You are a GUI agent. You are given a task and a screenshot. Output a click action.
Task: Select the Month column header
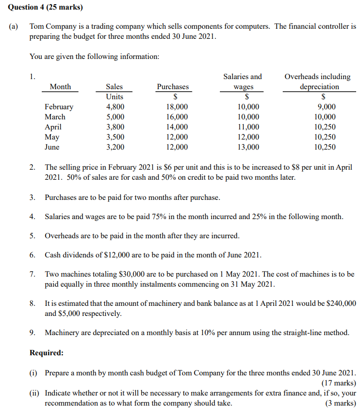tap(60, 87)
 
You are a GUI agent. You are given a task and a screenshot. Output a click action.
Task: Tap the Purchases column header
tap(172, 87)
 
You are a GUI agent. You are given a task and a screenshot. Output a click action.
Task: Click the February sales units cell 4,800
tap(115, 107)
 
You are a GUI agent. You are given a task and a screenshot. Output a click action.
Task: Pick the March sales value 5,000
tap(115, 117)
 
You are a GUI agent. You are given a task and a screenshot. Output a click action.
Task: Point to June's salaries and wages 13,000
tap(248, 147)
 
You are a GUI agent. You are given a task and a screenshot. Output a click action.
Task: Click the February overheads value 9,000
tap(326, 107)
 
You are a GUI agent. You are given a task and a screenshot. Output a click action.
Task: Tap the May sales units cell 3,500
tap(115, 137)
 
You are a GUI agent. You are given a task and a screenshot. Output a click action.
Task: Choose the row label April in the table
tap(53, 127)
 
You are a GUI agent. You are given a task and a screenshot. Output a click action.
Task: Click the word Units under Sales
tap(114, 97)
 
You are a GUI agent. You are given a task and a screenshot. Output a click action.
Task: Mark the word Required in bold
tap(47, 353)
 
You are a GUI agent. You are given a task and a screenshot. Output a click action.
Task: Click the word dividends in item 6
tap(78, 255)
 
